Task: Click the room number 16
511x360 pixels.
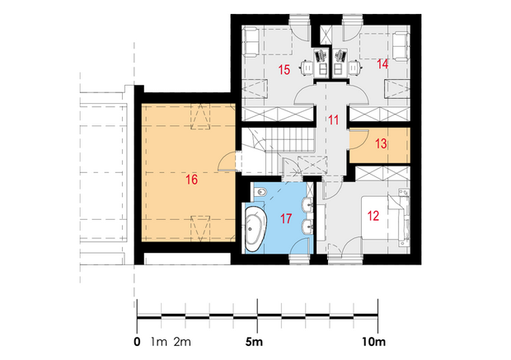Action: pyautogui.click(x=191, y=180)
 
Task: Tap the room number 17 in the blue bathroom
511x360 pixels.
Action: pyautogui.click(x=286, y=218)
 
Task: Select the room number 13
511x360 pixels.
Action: pyautogui.click(x=381, y=143)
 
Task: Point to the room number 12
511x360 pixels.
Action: pyautogui.click(x=373, y=216)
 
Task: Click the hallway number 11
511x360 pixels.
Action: pyautogui.click(x=334, y=120)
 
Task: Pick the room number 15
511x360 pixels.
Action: pyautogui.click(x=284, y=69)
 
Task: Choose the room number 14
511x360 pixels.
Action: pyautogui.click(x=382, y=64)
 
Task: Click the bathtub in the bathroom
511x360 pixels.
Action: pyautogui.click(x=255, y=229)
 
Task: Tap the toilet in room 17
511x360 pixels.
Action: pyautogui.click(x=260, y=192)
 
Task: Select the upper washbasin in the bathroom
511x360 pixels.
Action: pyautogui.click(x=307, y=205)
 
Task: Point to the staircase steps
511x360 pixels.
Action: pyautogui.click(x=289, y=139)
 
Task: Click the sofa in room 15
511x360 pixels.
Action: pyautogui.click(x=251, y=42)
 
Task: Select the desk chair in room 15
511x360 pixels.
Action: pyautogui.click(x=307, y=68)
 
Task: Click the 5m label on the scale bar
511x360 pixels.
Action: pyautogui.click(x=254, y=342)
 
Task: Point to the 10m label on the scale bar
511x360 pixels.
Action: pyautogui.click(x=374, y=342)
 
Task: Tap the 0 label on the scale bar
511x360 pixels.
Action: pyautogui.click(x=137, y=342)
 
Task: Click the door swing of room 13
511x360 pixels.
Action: pyautogui.click(x=359, y=139)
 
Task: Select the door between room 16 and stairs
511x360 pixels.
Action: pyautogui.click(x=227, y=161)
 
